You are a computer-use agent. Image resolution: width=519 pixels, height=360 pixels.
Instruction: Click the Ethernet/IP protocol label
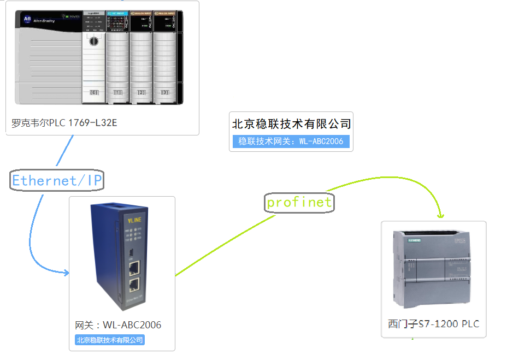(57, 181)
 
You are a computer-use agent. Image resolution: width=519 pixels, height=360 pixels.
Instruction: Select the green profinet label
(299, 203)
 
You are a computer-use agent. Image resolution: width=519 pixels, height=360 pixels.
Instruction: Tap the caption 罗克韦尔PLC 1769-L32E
(64, 123)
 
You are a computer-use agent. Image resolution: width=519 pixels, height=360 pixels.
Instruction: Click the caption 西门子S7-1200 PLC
(433, 324)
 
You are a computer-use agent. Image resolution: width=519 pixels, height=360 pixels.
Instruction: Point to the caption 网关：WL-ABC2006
(118, 325)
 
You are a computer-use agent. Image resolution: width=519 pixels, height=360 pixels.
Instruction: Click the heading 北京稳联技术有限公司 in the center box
(291, 124)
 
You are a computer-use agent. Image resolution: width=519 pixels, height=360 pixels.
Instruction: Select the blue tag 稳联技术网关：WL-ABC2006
(291, 141)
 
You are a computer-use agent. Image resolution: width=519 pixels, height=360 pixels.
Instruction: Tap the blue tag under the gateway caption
(110, 340)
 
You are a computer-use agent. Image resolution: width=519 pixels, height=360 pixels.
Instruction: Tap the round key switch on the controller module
(93, 40)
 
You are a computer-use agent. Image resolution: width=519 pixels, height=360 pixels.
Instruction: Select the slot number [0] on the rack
(94, 92)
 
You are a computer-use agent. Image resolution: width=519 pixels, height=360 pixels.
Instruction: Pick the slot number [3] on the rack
(165, 92)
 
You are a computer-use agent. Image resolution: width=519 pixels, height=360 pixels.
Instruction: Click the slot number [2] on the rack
(141, 92)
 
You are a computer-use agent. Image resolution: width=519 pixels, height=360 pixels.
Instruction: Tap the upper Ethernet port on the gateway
(134, 267)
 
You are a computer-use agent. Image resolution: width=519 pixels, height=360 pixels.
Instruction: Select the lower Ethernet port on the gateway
(134, 284)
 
